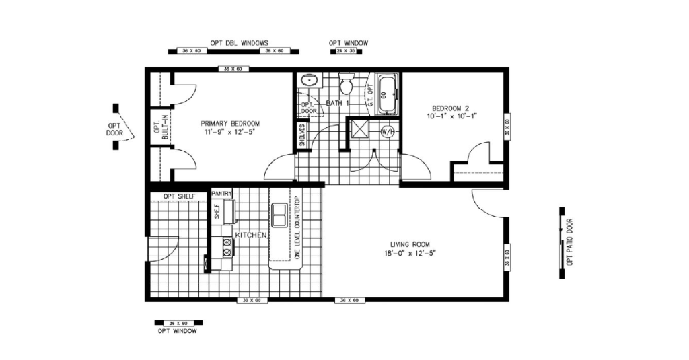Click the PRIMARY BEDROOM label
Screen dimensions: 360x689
230,124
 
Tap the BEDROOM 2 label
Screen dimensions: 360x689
454,108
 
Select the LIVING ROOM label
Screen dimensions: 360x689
410,244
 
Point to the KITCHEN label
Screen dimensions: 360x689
251,235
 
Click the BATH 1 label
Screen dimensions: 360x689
338,103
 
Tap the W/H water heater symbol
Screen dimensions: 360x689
388,131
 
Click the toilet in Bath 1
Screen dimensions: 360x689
347,85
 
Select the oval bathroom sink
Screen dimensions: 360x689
310,80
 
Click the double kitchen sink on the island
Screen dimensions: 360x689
280,213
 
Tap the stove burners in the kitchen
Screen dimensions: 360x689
227,247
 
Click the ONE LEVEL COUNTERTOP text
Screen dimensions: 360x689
296,231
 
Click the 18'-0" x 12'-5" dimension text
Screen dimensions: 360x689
410,254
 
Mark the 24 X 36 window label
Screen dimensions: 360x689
347,51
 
